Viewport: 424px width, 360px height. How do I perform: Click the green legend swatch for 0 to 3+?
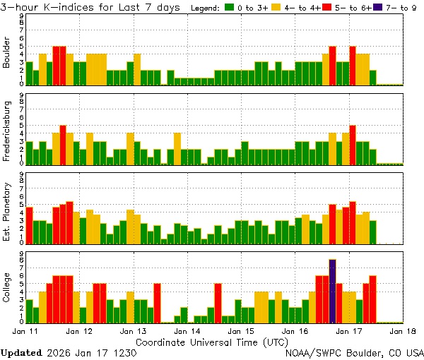coord(230,8)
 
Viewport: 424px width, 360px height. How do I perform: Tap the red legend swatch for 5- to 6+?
coord(326,8)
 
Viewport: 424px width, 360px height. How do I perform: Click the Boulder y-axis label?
coord(7,53)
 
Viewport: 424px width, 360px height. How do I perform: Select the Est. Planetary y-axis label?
coord(7,210)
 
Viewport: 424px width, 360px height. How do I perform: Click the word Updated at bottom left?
coord(20,352)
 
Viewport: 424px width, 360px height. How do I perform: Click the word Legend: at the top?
coord(206,8)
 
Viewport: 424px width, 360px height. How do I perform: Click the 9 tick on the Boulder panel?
coord(21,16)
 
